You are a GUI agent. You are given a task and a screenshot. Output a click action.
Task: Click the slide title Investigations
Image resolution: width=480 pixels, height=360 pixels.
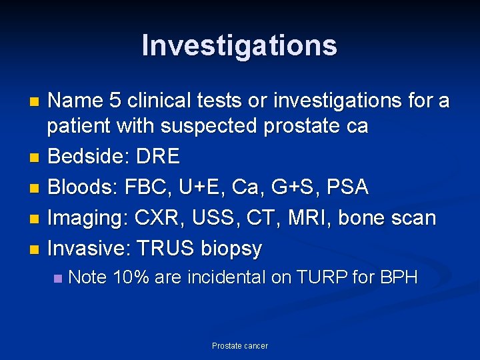(239, 45)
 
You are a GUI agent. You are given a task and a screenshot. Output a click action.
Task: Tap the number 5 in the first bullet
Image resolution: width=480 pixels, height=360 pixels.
(114, 101)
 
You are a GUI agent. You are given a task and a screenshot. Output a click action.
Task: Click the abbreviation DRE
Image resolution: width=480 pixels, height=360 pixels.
(157, 157)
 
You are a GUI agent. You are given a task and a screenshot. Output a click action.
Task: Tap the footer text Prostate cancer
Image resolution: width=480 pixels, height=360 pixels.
(239, 345)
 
